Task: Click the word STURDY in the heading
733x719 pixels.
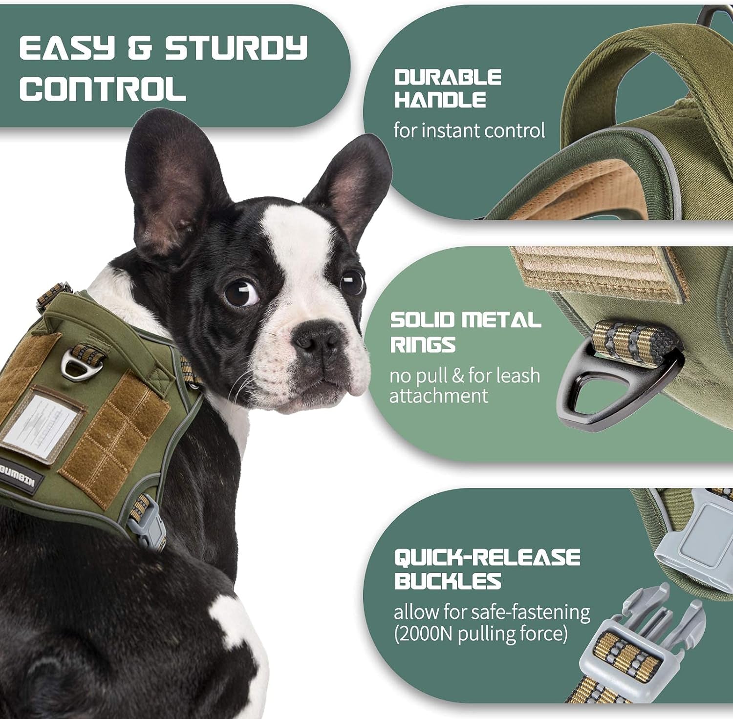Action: [235, 48]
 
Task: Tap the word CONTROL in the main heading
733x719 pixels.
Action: [103, 88]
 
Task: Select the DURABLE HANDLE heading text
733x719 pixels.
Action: [448, 88]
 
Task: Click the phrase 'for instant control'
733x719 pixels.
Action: [469, 130]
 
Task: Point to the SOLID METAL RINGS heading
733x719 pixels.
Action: [464, 332]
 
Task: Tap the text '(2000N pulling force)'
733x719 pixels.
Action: [481, 634]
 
